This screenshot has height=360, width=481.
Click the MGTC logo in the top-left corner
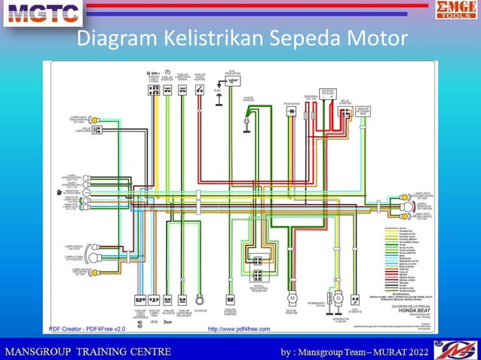pyautogui.click(x=42, y=13)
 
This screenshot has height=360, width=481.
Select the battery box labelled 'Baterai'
pyautogui.click(x=327, y=96)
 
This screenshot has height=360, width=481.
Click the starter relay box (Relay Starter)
pyautogui.click(x=345, y=114)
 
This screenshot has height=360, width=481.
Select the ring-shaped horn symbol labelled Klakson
pyautogui.click(x=200, y=298)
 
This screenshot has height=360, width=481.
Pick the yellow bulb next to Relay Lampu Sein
pyautogui.click(x=95, y=131)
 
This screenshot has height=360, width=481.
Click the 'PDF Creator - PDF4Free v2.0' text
pyautogui.click(x=87, y=328)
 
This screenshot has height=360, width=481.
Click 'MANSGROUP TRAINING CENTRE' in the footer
pyautogui.click(x=89, y=351)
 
